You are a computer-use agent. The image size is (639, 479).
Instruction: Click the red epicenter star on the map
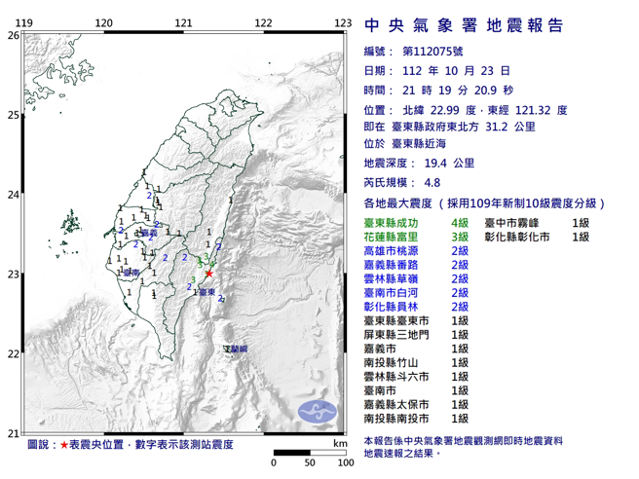pyautogui.click(x=208, y=274)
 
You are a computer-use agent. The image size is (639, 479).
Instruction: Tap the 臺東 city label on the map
pyautogui.click(x=207, y=290)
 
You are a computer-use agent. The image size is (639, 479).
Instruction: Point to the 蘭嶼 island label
pyautogui.click(x=236, y=348)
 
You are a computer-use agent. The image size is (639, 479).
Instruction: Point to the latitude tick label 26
pyautogui.click(x=13, y=35)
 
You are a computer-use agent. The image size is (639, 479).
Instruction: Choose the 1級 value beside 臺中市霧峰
pyautogui.click(x=583, y=223)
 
